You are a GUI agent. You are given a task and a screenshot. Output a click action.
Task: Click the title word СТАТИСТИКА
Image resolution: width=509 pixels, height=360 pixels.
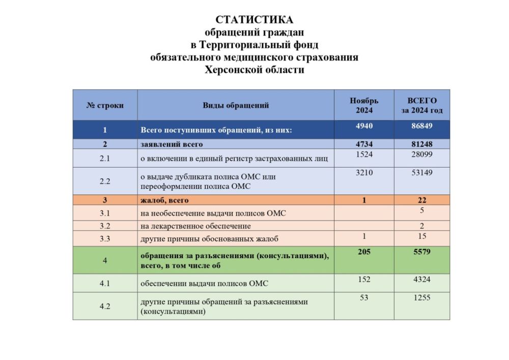[x=254, y=20]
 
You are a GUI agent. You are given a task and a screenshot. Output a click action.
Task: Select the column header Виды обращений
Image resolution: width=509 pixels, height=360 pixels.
[x=236, y=105]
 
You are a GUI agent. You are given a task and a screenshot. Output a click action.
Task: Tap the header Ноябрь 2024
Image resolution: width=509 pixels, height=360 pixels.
[x=364, y=105]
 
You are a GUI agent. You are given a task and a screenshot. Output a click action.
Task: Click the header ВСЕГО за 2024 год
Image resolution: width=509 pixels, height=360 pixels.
[x=422, y=105]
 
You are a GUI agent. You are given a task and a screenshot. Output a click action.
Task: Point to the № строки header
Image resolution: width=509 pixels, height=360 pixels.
[x=105, y=105]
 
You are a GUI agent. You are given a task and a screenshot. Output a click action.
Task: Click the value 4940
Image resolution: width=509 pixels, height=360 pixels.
[x=364, y=125]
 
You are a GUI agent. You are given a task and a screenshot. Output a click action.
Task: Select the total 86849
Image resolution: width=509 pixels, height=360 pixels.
[x=422, y=125]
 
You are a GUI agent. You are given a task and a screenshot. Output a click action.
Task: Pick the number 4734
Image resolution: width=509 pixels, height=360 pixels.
[x=364, y=144]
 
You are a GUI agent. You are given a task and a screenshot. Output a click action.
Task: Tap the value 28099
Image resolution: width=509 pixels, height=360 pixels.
[x=422, y=154]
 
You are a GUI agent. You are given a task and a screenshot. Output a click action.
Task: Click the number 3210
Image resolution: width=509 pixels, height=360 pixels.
[x=364, y=173]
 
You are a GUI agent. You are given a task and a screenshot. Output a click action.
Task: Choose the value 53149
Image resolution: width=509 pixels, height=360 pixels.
[x=422, y=173]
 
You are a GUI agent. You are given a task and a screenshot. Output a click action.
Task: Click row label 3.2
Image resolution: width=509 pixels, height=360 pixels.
[x=105, y=226]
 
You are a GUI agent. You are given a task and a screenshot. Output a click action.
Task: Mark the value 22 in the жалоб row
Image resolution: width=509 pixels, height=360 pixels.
[x=422, y=200]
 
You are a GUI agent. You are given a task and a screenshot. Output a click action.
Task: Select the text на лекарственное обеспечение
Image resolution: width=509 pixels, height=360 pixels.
[x=196, y=226]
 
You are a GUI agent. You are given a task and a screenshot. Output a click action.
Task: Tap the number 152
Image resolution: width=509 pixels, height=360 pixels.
[x=364, y=280]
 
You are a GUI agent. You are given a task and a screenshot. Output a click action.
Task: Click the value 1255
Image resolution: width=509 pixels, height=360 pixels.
[x=422, y=298]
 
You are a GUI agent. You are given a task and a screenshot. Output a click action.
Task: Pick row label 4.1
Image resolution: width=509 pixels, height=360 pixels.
[x=105, y=283]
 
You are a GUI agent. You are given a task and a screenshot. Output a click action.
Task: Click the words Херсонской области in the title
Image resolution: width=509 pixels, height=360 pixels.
[x=254, y=70]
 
